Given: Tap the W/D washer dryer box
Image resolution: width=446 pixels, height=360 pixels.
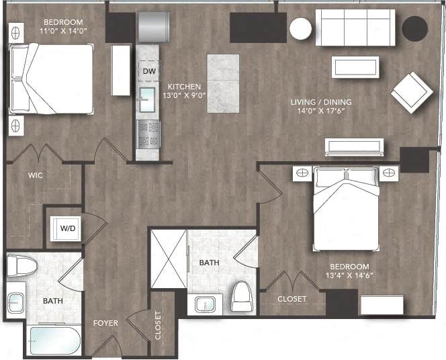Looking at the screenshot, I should tap(68, 228).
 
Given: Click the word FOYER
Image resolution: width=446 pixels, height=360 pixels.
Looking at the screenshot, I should tap(105, 323).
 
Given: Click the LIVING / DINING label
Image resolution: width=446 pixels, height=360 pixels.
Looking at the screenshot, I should tap(321, 102).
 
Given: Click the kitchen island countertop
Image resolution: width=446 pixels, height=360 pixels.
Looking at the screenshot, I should tap(223, 83).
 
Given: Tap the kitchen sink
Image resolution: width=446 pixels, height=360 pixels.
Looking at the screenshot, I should tap(146, 101).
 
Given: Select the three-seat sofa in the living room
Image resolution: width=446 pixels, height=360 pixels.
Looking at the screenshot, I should tap(355, 28).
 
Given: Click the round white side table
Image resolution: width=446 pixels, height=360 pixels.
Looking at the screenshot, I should tap(300, 29).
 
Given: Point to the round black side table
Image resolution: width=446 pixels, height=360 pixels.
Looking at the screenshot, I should tap(414, 28).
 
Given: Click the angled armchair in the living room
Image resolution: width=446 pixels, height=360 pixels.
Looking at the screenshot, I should tap(412, 92).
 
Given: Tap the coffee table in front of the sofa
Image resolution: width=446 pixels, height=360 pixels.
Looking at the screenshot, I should tap(355, 66).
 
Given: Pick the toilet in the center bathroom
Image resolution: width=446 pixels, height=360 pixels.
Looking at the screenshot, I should tap(242, 296).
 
